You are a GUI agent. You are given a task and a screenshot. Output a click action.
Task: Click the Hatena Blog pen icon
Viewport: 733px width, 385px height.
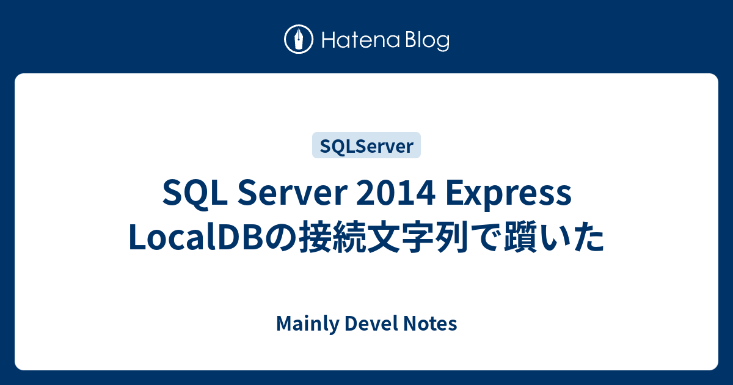point(299,40)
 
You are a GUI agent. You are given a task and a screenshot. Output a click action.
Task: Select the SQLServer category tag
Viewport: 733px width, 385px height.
point(366,145)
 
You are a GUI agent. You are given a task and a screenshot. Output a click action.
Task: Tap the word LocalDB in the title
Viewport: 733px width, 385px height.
point(196,238)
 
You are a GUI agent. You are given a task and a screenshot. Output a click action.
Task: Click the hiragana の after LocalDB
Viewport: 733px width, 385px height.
point(280,238)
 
